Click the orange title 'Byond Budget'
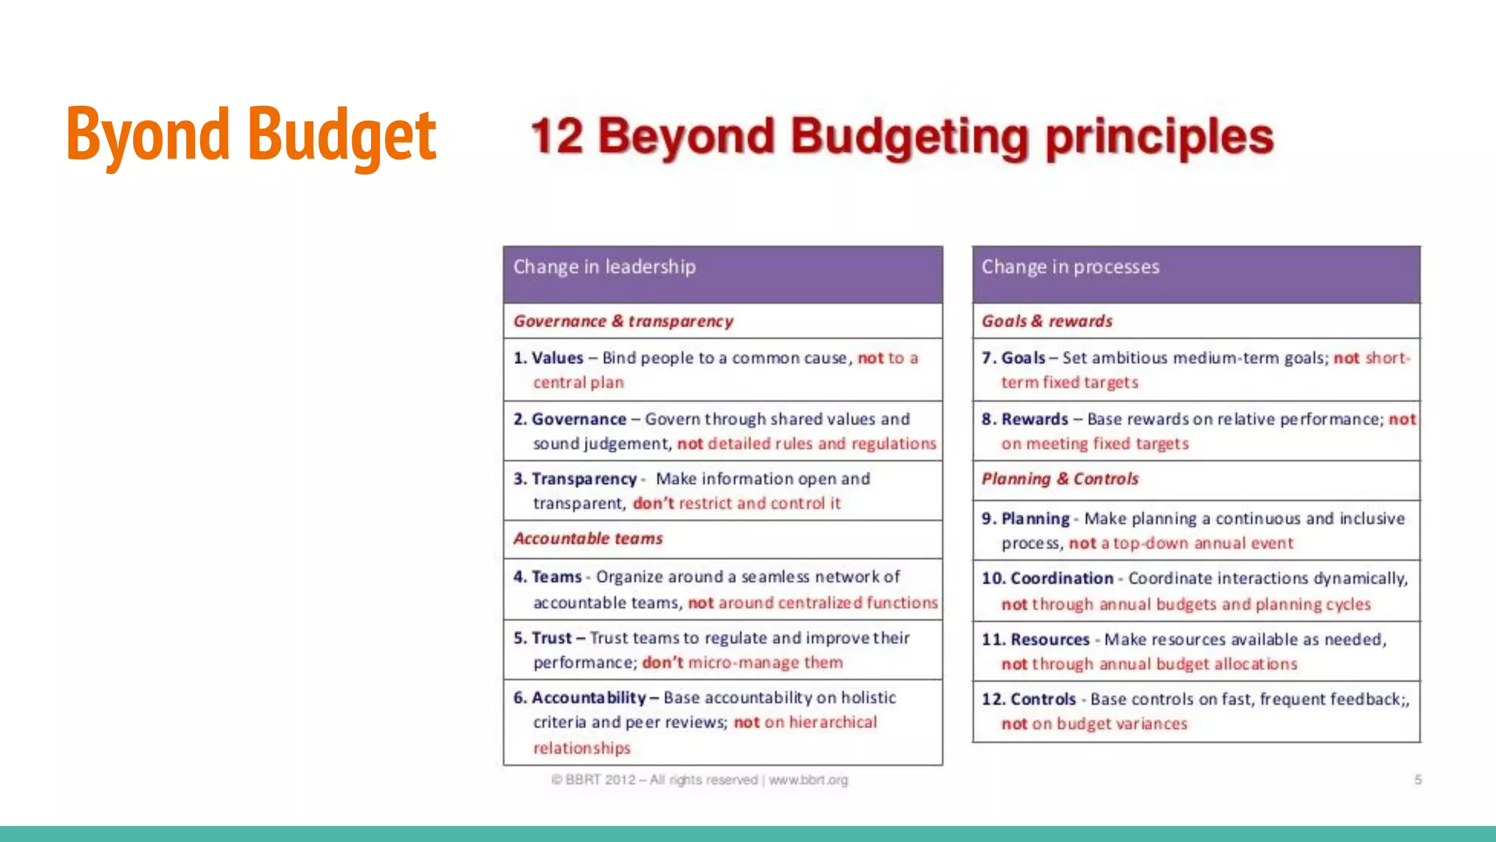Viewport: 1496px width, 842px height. (x=251, y=134)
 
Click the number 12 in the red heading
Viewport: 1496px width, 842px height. (x=557, y=137)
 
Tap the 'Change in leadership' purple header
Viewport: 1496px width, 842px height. (x=604, y=267)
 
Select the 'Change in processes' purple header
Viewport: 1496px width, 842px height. (x=1070, y=267)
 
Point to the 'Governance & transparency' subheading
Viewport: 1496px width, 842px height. (x=623, y=321)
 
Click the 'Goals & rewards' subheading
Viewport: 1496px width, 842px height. (x=1047, y=321)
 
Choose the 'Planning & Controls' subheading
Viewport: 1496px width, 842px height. (x=1060, y=479)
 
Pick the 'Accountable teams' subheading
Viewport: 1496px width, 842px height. (x=588, y=539)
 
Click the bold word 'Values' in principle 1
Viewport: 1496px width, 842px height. (x=557, y=358)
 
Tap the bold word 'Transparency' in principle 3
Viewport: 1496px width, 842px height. (x=584, y=479)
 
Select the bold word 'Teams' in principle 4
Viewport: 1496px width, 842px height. (x=557, y=577)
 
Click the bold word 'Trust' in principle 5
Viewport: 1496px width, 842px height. (x=552, y=638)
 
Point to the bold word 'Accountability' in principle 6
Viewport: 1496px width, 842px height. (x=589, y=698)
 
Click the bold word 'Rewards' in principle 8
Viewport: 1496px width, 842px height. (x=1035, y=420)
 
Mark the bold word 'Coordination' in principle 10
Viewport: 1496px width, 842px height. (x=1062, y=578)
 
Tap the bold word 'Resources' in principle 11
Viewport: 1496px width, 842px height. (x=1050, y=640)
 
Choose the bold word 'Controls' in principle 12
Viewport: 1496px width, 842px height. (x=1043, y=699)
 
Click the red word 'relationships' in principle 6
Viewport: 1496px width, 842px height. (x=581, y=748)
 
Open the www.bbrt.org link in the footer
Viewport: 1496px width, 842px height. (x=808, y=780)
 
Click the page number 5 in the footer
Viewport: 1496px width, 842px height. (x=1418, y=780)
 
